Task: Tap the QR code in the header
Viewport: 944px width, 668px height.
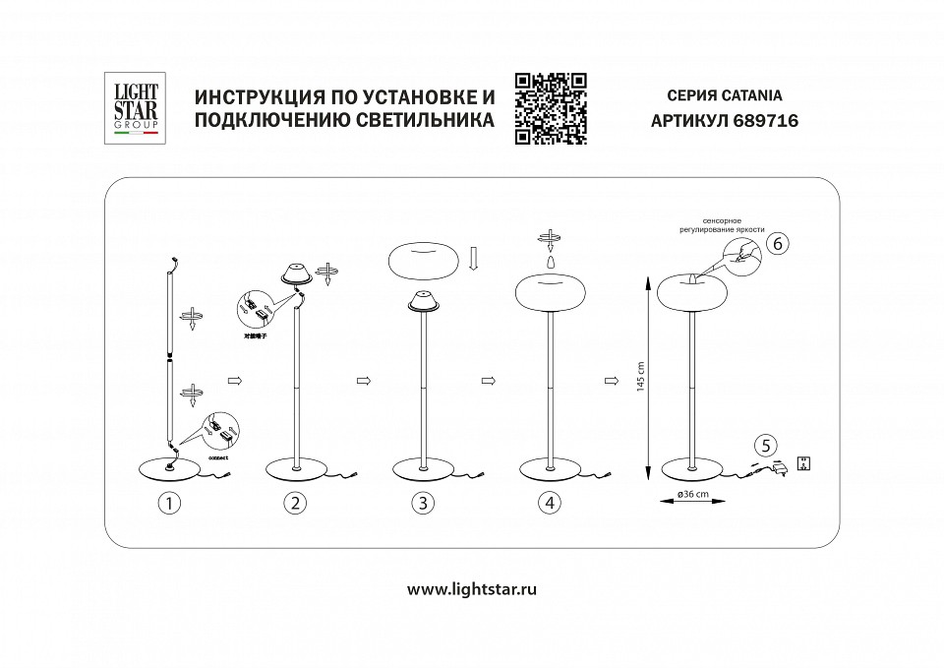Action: [551, 108]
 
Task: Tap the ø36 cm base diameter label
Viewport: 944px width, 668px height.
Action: [697, 495]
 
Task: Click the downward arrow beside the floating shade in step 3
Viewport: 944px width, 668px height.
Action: [473, 259]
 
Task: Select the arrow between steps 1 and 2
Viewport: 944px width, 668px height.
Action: [234, 379]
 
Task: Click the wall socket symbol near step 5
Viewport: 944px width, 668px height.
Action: [802, 462]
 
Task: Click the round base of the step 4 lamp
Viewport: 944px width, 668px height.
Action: [551, 465]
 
